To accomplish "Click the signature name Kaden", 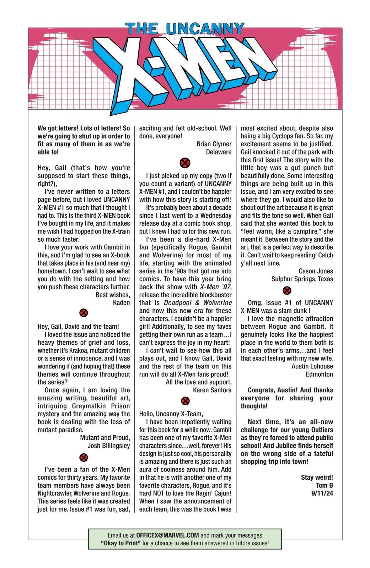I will [x=121, y=303].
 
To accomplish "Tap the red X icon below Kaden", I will [x=84, y=313].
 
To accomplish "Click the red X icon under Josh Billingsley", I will [x=84, y=457].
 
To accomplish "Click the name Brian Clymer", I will [x=214, y=144].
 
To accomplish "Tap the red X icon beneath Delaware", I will [x=185, y=163].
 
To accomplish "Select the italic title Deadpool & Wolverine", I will [x=198, y=303].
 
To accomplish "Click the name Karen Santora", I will [x=212, y=390].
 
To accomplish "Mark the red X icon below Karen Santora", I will [x=185, y=401].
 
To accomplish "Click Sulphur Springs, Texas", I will [x=302, y=279].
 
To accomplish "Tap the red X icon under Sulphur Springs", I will [x=287, y=291].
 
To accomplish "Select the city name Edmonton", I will [x=319, y=374].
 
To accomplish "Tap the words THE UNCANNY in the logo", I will [x=185, y=28].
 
